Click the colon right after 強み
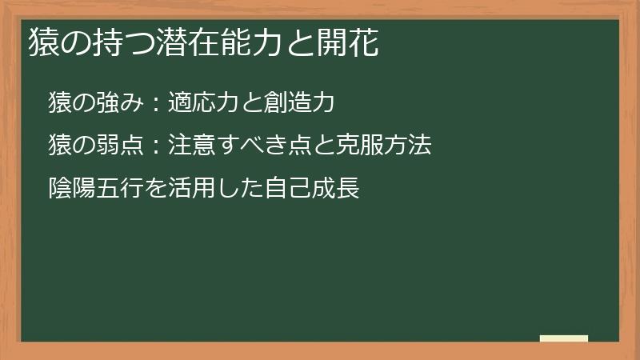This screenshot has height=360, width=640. pyautogui.click(x=157, y=104)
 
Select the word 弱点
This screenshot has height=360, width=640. pyautogui.click(x=120, y=146)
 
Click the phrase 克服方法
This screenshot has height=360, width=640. pyautogui.click(x=383, y=146)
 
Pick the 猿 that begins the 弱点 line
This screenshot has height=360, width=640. pyautogui.click(x=61, y=146)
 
